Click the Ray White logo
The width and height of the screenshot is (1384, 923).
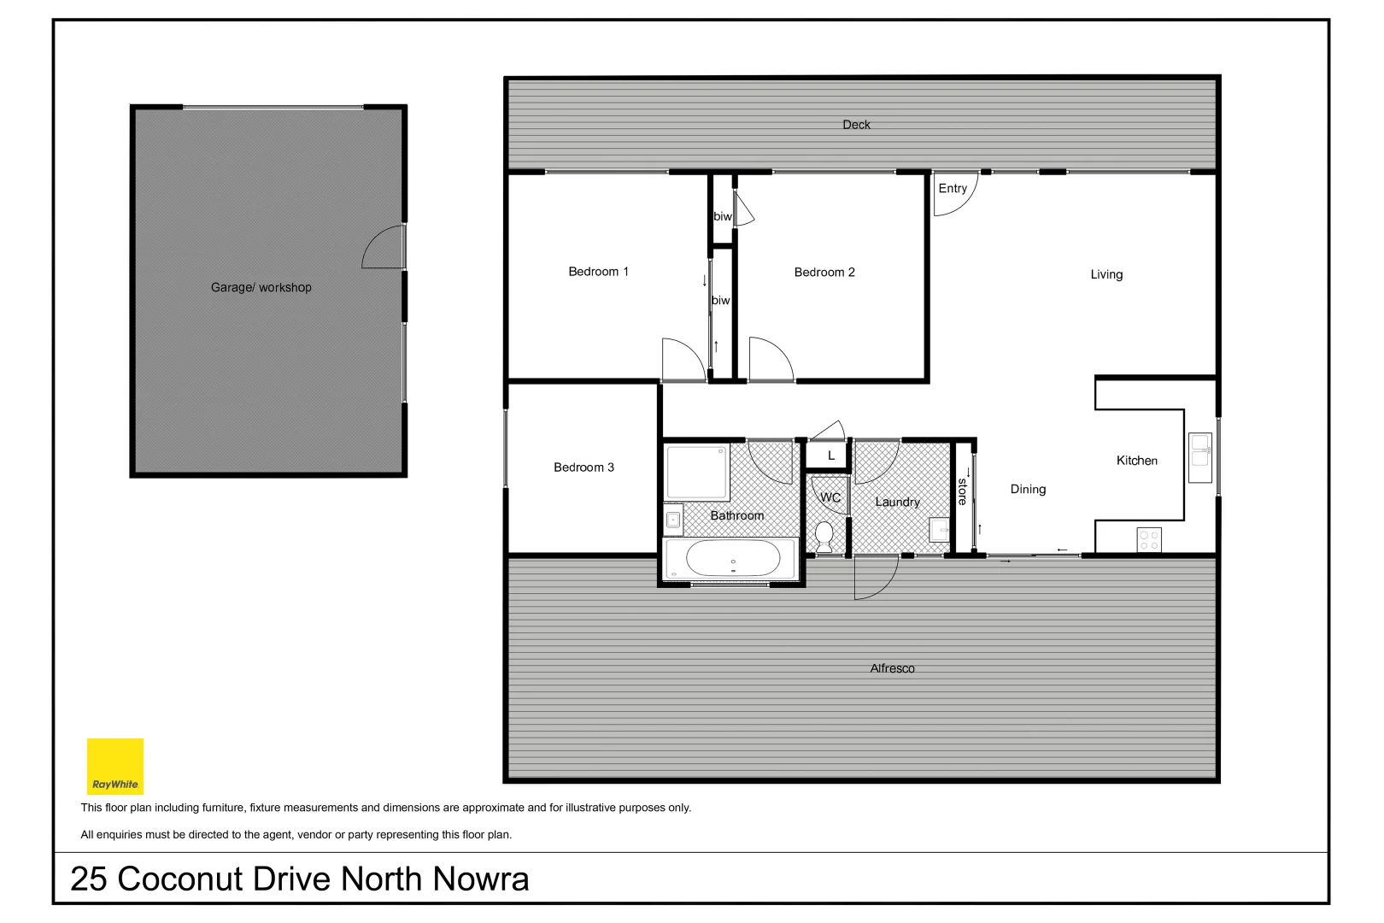tap(115, 767)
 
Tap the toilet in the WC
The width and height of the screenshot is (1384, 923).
tap(824, 537)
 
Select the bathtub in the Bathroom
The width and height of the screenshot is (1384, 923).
tap(732, 560)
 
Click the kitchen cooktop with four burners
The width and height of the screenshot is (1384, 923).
tap(1148, 540)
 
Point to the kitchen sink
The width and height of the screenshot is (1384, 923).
tap(1200, 457)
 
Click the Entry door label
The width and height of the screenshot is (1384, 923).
tap(953, 189)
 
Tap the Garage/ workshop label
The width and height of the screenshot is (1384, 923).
tap(261, 288)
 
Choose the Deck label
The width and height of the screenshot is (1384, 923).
tap(856, 125)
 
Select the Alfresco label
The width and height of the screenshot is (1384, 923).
tap(892, 668)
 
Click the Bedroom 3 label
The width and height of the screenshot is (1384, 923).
tap(584, 467)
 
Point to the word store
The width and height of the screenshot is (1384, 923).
tap(962, 491)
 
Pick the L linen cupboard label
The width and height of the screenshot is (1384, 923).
tap(831, 456)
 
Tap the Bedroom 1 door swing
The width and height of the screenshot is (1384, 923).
tap(683, 360)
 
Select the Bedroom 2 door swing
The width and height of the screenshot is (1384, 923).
tap(770, 360)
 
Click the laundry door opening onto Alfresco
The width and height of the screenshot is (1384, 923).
tap(876, 576)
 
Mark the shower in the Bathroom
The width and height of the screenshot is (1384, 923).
tap(697, 472)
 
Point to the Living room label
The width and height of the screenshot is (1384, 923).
tap(1106, 274)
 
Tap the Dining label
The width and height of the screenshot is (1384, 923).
tap(1028, 490)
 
